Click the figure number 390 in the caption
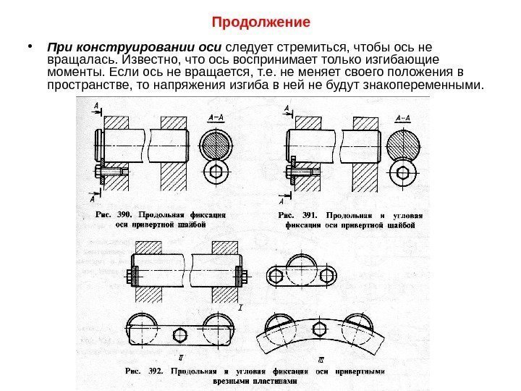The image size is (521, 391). (126, 215)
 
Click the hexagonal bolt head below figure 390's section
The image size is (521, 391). (216, 172)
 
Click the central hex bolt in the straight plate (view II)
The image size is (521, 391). (180, 334)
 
